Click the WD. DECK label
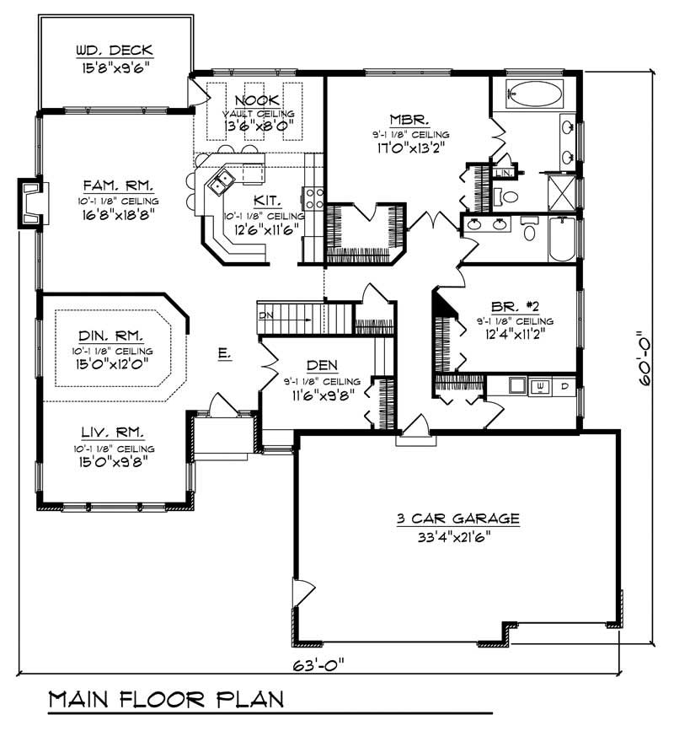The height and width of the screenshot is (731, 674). [x=112, y=49]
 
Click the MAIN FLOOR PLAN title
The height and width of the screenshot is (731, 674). [x=165, y=699]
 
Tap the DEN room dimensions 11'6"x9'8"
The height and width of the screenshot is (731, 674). [x=323, y=393]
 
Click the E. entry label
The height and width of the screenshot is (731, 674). [x=223, y=355]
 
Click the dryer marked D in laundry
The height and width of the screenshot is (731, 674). [x=564, y=386]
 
